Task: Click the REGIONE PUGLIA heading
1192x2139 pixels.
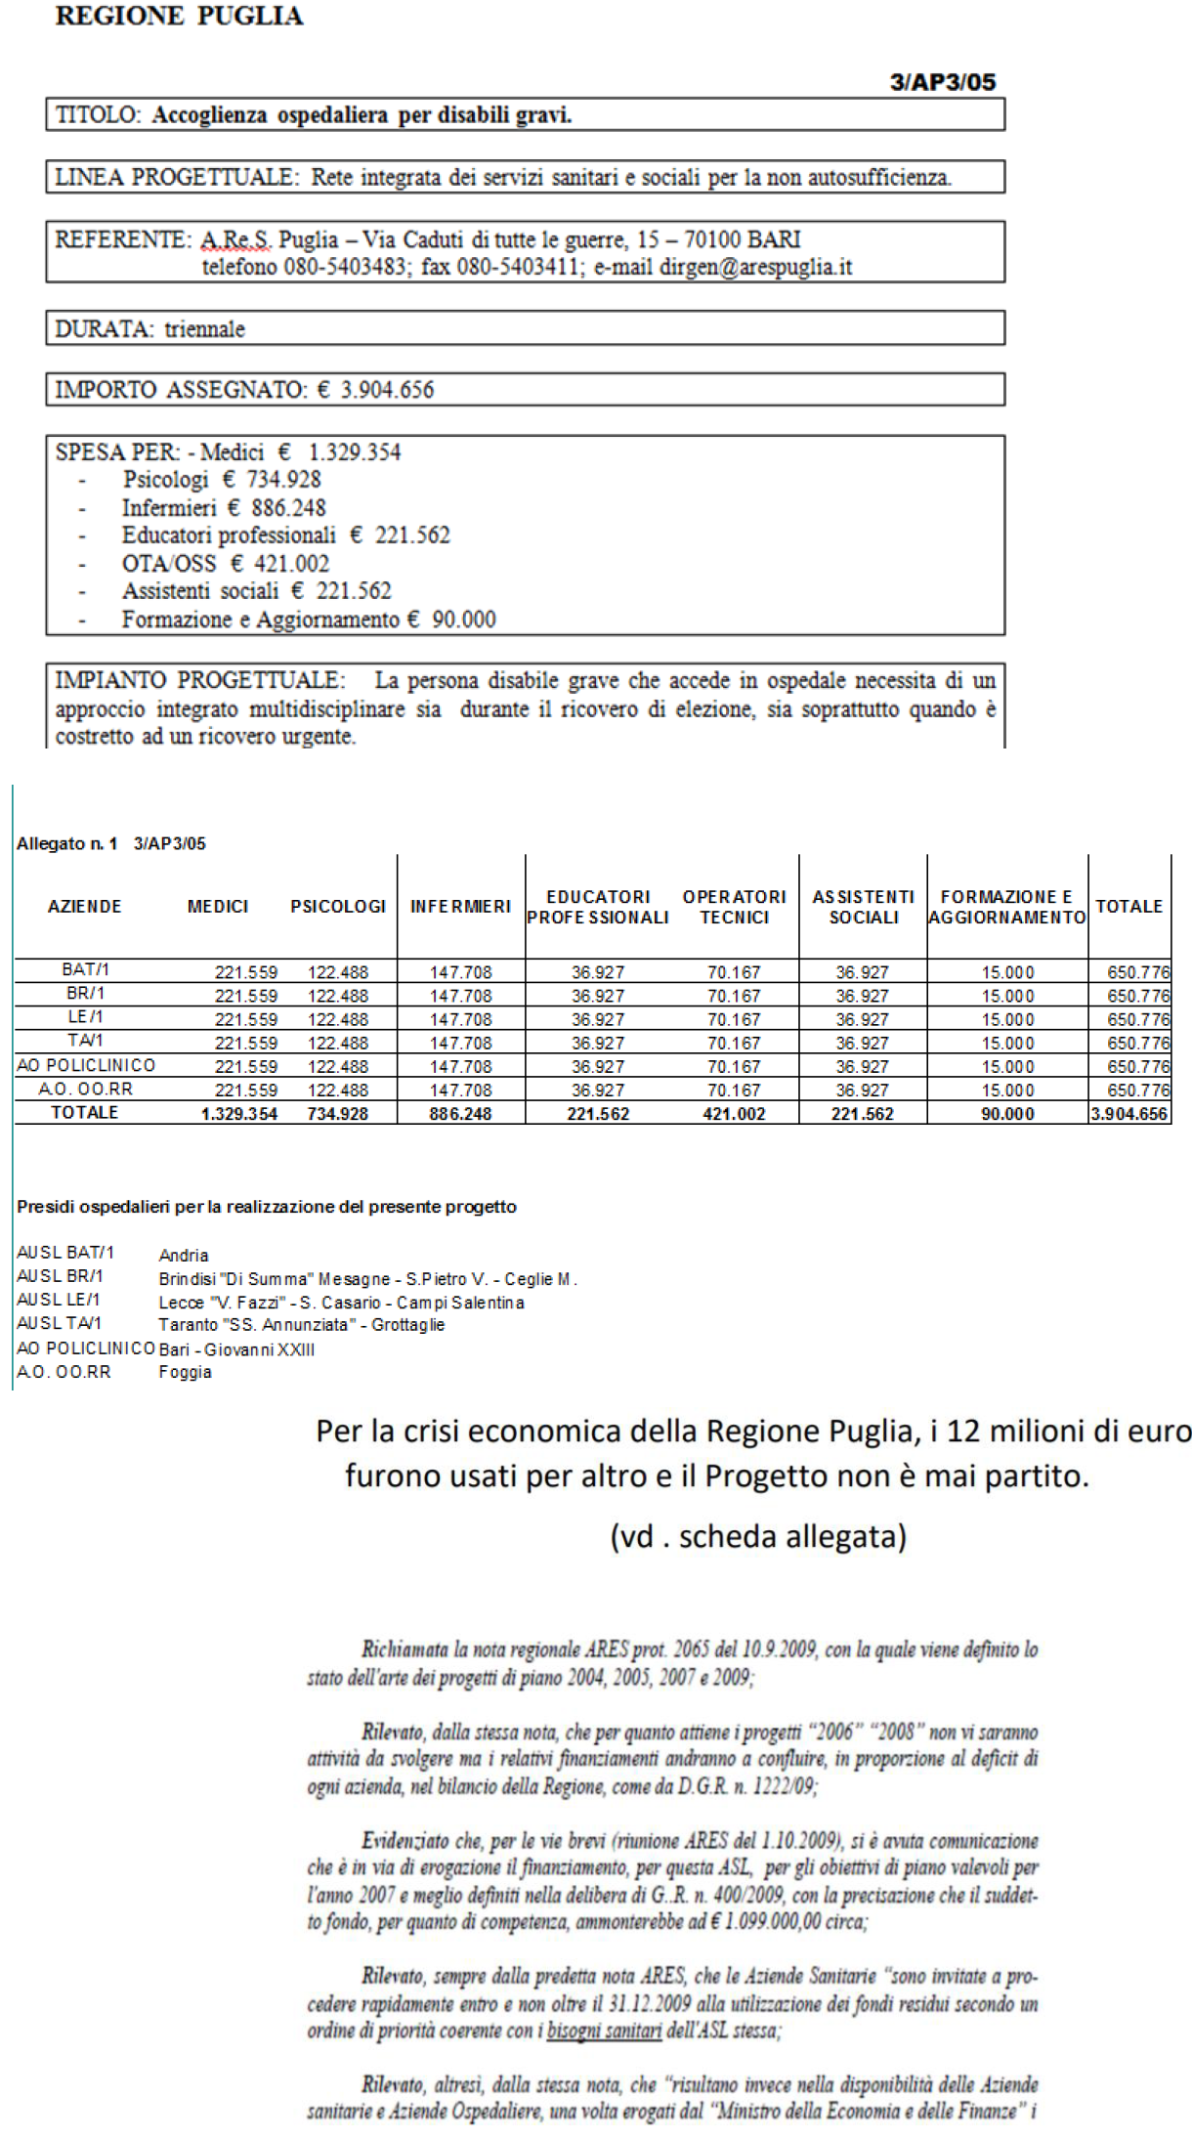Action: [x=179, y=16]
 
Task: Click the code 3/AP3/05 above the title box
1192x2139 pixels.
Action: [x=942, y=82]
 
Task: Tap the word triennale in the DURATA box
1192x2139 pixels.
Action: [x=204, y=328]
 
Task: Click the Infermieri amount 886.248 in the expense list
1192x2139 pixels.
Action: [x=288, y=508]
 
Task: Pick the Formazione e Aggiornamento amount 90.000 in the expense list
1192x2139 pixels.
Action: [x=464, y=620]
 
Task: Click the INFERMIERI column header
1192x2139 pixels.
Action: [x=460, y=907]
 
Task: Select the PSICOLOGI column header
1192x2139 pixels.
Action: [x=338, y=907]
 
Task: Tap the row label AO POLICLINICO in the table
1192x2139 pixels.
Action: [x=86, y=1065]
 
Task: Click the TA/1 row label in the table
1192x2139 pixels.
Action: [x=85, y=1041]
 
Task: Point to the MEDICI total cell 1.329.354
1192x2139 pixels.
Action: [x=239, y=1114]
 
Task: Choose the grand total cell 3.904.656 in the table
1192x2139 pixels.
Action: [x=1129, y=1114]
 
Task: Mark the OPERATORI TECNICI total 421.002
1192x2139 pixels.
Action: [x=734, y=1114]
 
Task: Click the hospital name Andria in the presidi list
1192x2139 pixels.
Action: [x=184, y=1256]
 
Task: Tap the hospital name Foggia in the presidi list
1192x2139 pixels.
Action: [x=186, y=1372]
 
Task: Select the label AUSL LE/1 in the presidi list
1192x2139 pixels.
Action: [x=59, y=1300]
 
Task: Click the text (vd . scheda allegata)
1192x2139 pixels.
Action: [x=758, y=1537]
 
